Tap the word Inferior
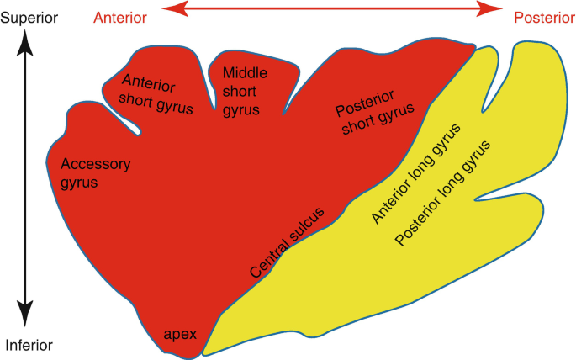[29, 345]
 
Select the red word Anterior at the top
[119, 18]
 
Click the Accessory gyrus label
[96, 172]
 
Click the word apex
[180, 334]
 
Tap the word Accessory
[96, 164]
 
